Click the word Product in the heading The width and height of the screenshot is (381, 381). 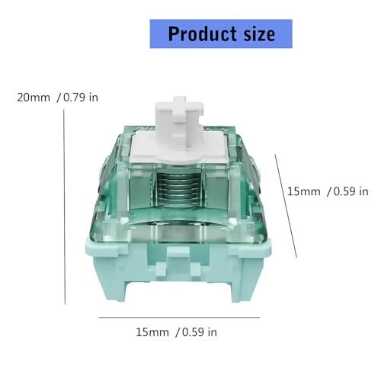[x=202, y=34]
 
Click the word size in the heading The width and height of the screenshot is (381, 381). [x=259, y=34]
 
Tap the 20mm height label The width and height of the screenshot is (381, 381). [x=34, y=98]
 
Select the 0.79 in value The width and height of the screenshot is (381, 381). [x=81, y=98]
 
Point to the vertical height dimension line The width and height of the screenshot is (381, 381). [x=64, y=207]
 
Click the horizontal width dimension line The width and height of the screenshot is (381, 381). [x=179, y=317]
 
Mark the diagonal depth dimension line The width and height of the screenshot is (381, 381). [x=286, y=206]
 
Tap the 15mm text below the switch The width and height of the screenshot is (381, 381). [x=152, y=332]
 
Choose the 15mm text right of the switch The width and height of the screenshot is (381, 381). [x=303, y=191]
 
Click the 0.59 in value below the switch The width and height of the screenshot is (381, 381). [x=200, y=332]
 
